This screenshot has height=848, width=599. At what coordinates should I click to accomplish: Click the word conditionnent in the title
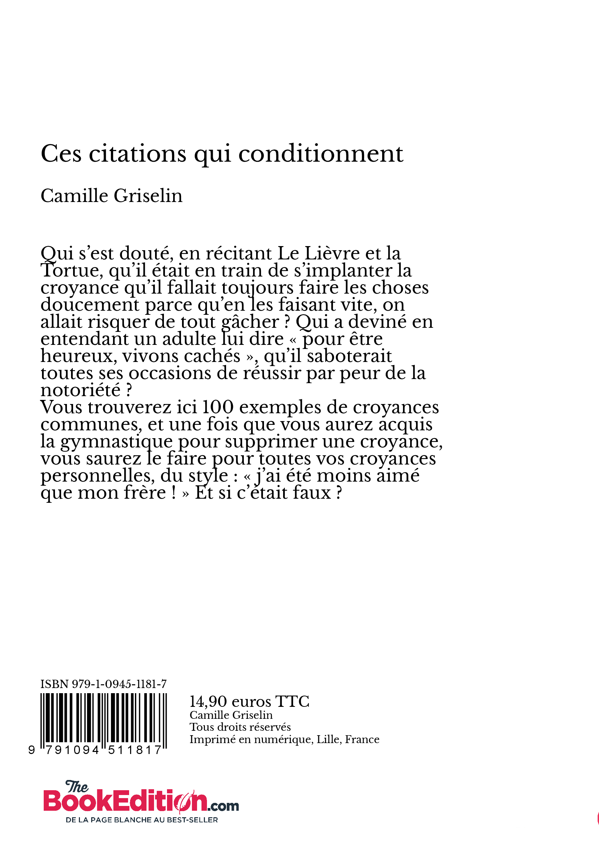pos(320,154)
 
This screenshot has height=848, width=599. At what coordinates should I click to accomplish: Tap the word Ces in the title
pos(61,154)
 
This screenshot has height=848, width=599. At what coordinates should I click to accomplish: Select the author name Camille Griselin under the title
pos(111,196)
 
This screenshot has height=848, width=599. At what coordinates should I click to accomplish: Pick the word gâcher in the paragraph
pos(250,322)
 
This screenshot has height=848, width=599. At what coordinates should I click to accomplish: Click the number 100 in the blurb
pos(218,407)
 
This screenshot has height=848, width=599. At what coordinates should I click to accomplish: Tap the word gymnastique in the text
pos(116,441)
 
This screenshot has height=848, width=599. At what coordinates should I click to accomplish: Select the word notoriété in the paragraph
pos(81,390)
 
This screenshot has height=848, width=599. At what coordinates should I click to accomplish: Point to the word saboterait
pos(349,356)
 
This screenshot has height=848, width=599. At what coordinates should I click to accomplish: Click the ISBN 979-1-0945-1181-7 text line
pos(103,684)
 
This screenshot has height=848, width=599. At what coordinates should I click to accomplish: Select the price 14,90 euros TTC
pos(249,701)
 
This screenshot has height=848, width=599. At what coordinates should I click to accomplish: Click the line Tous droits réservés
pos(240,727)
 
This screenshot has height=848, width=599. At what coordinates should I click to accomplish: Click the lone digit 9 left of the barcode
pos(32,750)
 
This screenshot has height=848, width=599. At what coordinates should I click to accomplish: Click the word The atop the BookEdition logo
pos(77,787)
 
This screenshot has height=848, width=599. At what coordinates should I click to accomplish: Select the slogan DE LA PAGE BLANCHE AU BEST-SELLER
pos(142,820)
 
